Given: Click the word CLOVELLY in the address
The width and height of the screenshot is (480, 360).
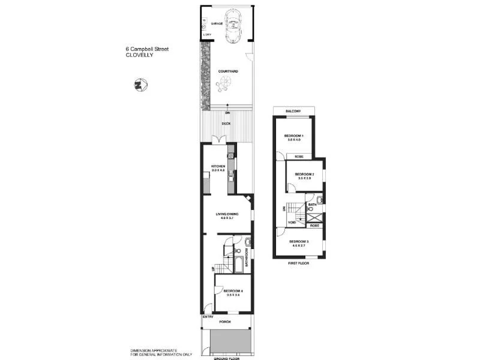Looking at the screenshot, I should (x=139, y=55).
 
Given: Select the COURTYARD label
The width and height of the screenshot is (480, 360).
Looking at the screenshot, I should (x=227, y=71).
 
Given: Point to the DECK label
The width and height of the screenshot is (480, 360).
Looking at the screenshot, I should (x=226, y=124).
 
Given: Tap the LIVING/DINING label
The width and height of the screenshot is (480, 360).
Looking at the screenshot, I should (x=227, y=214).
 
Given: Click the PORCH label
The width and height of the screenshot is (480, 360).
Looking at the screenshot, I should (x=225, y=322).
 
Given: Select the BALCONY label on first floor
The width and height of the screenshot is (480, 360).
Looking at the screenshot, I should (x=293, y=112).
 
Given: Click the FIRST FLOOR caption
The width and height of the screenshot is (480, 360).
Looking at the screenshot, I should (x=298, y=263).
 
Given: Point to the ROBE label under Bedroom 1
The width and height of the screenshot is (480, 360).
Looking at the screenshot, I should (x=298, y=156).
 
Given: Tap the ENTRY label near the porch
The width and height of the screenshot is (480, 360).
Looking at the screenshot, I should (x=208, y=316).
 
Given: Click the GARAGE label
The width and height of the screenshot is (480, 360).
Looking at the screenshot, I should (x=215, y=24).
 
